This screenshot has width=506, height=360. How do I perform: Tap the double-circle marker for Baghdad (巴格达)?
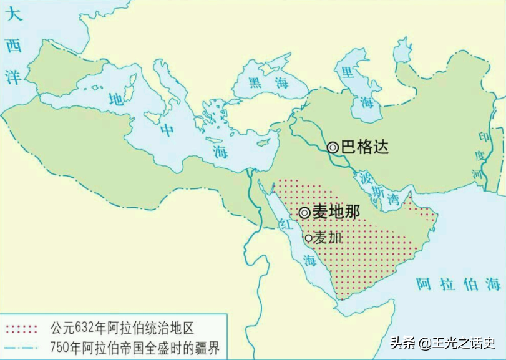tap(333, 147)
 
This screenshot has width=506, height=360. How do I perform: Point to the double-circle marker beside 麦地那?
tap(304, 212)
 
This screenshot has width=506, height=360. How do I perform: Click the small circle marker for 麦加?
tap(308, 238)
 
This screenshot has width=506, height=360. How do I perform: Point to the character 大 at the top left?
tap(14, 15)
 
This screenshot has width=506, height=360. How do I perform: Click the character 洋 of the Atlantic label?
tap(14, 75)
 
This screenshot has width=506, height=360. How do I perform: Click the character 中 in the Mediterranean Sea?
tap(167, 130)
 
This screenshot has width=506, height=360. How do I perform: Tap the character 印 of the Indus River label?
tap(481, 135)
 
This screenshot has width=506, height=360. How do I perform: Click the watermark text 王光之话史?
tap(464, 343)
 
